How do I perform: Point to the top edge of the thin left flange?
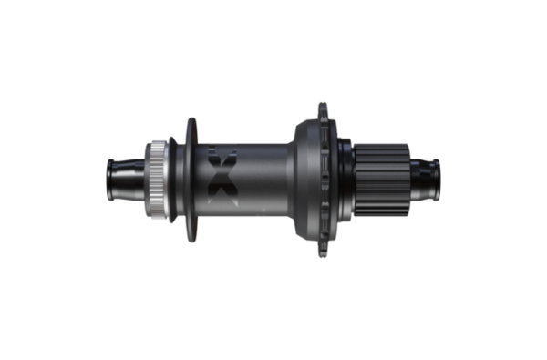(190, 120)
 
